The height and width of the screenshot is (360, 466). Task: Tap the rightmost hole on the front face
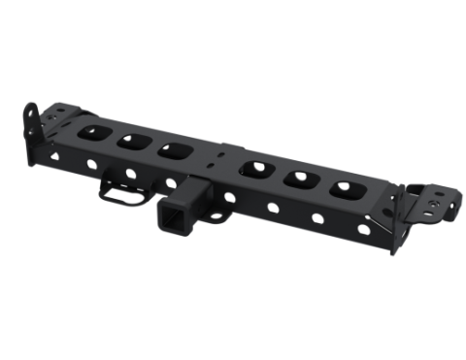(x=363, y=229)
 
